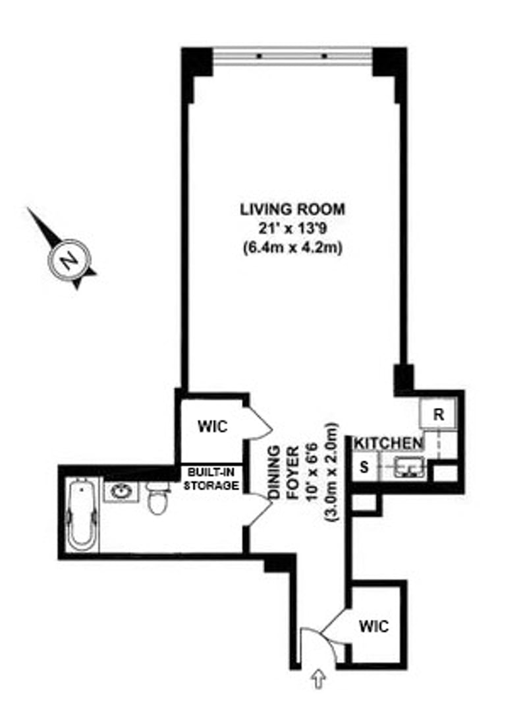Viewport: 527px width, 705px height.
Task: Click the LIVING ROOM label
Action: pyautogui.click(x=292, y=210)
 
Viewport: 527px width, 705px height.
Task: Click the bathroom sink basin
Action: pyautogui.click(x=121, y=491)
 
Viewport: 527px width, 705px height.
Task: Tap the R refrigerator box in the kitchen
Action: pyautogui.click(x=437, y=415)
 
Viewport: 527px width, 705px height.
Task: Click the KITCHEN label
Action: pyautogui.click(x=388, y=443)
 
